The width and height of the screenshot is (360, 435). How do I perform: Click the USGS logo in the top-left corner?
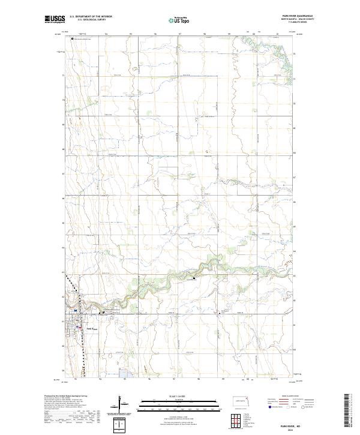click(55, 20)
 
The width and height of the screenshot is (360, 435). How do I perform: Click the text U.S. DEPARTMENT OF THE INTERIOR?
click(91, 17)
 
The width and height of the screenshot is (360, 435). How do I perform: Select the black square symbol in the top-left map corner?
click(73, 40)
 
